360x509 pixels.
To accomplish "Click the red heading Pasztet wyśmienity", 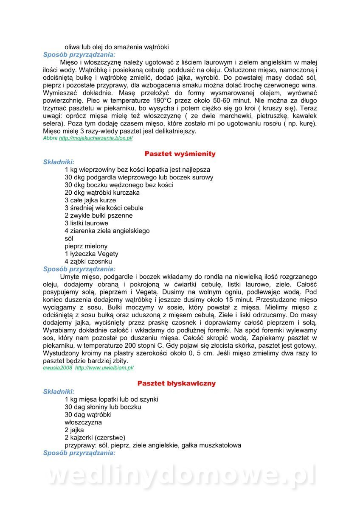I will point(180,154).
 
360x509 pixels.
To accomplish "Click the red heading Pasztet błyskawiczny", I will point(177,383).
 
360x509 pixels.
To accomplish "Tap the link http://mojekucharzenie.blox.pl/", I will point(96,138).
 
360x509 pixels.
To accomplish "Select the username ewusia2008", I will point(58,368).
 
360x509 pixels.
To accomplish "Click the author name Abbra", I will point(50,138).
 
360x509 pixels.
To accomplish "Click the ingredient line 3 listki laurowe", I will point(86,223).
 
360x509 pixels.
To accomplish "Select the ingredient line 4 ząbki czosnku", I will point(88,261).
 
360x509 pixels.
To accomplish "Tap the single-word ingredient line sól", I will point(69,238).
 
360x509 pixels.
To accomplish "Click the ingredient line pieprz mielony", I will point(86,246).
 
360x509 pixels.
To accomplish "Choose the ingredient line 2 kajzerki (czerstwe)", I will point(95,438).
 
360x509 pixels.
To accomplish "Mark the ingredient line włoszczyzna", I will point(83,422).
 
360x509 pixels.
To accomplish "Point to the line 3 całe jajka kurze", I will point(90,200).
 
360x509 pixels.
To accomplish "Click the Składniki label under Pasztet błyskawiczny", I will point(59,392).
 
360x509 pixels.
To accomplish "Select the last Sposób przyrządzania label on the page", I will point(79,453).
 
